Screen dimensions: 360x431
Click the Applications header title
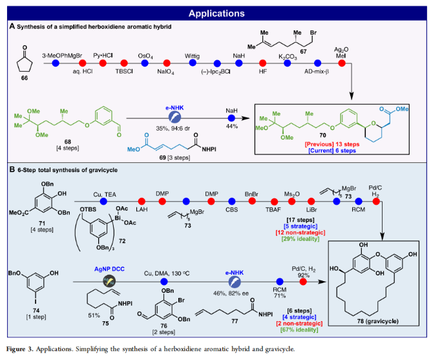point(216,12)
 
